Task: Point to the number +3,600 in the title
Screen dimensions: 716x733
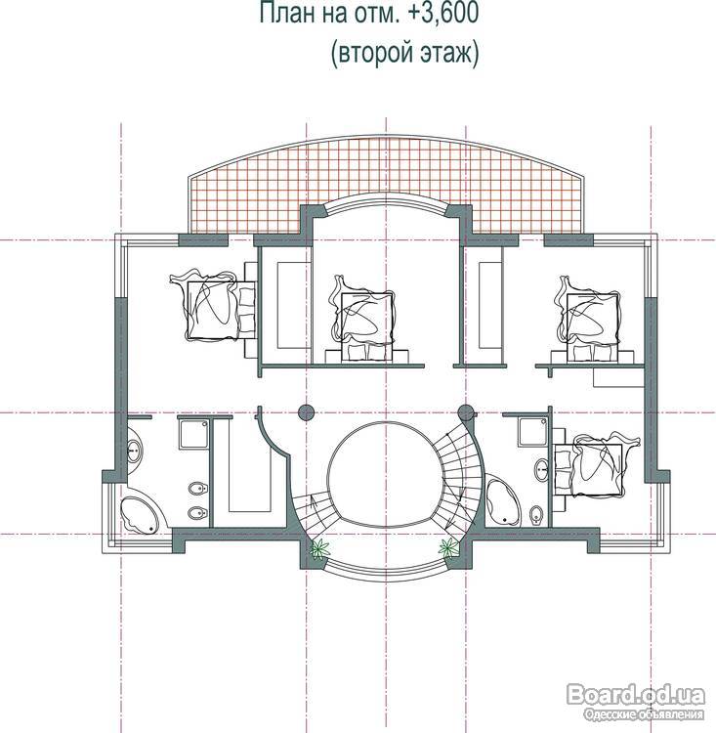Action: [443, 12]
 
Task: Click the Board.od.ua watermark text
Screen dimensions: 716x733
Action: [636, 695]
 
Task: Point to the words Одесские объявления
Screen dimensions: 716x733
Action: [644, 714]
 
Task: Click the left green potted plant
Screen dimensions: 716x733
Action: [320, 548]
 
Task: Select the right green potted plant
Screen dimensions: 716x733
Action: [448, 546]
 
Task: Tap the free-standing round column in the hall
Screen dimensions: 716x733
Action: [306, 411]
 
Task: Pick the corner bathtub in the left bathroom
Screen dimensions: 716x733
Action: [140, 515]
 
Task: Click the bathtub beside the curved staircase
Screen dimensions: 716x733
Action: [502, 500]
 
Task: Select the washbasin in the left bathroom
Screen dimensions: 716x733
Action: [134, 450]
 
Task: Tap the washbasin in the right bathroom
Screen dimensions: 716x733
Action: [542, 470]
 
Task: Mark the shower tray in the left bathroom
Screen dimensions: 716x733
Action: [194, 434]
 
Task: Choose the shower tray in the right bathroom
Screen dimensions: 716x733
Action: [533, 432]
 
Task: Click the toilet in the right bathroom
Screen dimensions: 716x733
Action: [535, 514]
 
